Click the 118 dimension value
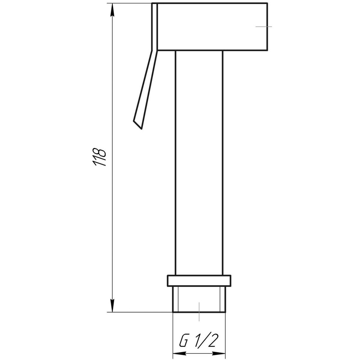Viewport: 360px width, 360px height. tap(99, 157)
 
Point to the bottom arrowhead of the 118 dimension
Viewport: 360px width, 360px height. tap(112, 306)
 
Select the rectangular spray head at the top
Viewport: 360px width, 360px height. tap(212, 27)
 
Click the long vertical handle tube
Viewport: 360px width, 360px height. tap(199, 163)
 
